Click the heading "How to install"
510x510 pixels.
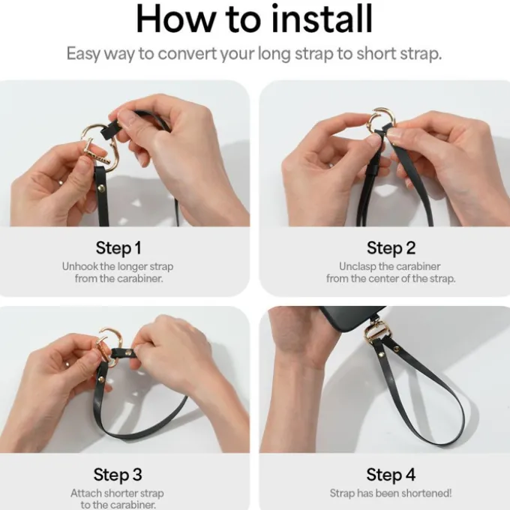tap(254, 19)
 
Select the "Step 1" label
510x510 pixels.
tap(118, 247)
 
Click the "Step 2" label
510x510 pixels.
tap(391, 247)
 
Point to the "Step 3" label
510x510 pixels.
tap(118, 474)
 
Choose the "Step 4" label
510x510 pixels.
tap(391, 474)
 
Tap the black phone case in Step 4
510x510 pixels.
tap(352, 319)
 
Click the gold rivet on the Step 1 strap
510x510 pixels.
tap(101, 188)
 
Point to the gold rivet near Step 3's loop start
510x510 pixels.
tap(101, 379)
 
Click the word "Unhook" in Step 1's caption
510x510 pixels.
tap(80, 266)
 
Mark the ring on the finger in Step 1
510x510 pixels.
tap(61, 182)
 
